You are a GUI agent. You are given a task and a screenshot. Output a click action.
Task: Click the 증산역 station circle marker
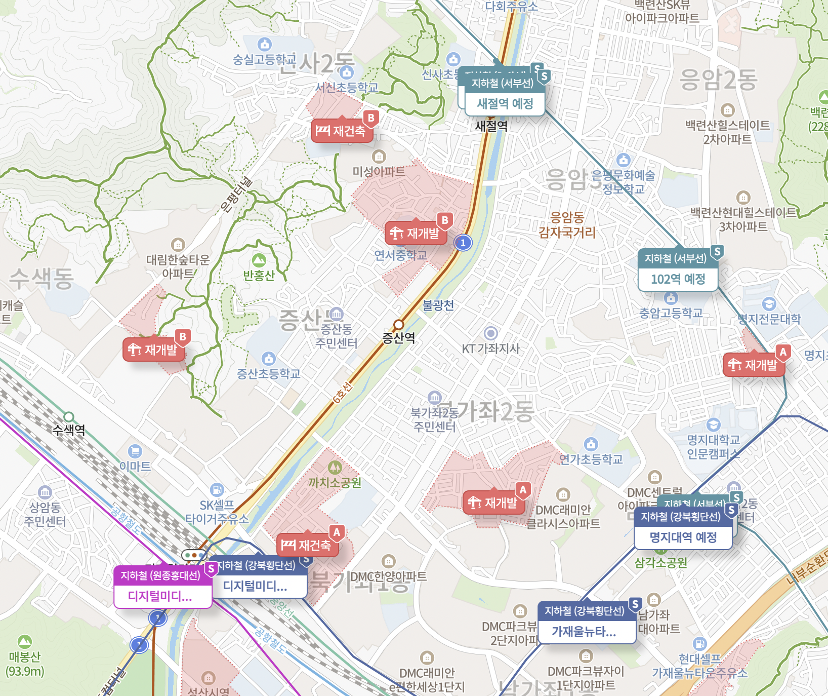pyautogui.click(x=399, y=324)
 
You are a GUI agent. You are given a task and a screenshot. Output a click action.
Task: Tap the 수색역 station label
pyautogui.click(x=69, y=430)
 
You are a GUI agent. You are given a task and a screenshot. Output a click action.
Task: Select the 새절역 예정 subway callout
pyautogui.click(x=505, y=103)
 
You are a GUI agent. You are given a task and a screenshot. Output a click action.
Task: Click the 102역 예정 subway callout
pyautogui.click(x=678, y=279)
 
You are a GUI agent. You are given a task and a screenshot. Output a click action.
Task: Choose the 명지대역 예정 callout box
pyautogui.click(x=683, y=537)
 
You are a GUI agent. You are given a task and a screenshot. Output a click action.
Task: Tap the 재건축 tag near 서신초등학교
pyautogui.click(x=342, y=131)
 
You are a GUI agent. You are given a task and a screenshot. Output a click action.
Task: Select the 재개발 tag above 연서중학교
pyautogui.click(x=416, y=234)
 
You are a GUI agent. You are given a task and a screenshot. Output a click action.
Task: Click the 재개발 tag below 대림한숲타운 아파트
pyautogui.click(x=154, y=350)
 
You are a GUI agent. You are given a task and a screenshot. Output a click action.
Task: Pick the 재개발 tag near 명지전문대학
pyautogui.click(x=754, y=365)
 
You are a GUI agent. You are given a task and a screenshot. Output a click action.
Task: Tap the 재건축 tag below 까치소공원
pyautogui.click(x=308, y=546)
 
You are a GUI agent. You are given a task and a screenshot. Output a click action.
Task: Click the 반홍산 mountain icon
pyautogui.click(x=259, y=260)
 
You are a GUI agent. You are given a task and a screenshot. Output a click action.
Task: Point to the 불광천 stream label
pyautogui.click(x=438, y=305)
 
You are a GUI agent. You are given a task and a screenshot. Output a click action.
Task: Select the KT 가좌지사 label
pyautogui.click(x=490, y=349)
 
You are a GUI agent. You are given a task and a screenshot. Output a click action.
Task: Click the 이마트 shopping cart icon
pyautogui.click(x=135, y=451)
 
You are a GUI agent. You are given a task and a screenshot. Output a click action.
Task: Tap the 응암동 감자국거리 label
pyautogui.click(x=567, y=225)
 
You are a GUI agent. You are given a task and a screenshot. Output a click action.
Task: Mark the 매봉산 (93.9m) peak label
pyautogui.click(x=24, y=664)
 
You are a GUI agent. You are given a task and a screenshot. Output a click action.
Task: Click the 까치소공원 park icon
pyautogui.click(x=335, y=467)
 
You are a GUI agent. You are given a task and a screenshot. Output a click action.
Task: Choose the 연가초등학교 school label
pyautogui.click(x=591, y=459)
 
